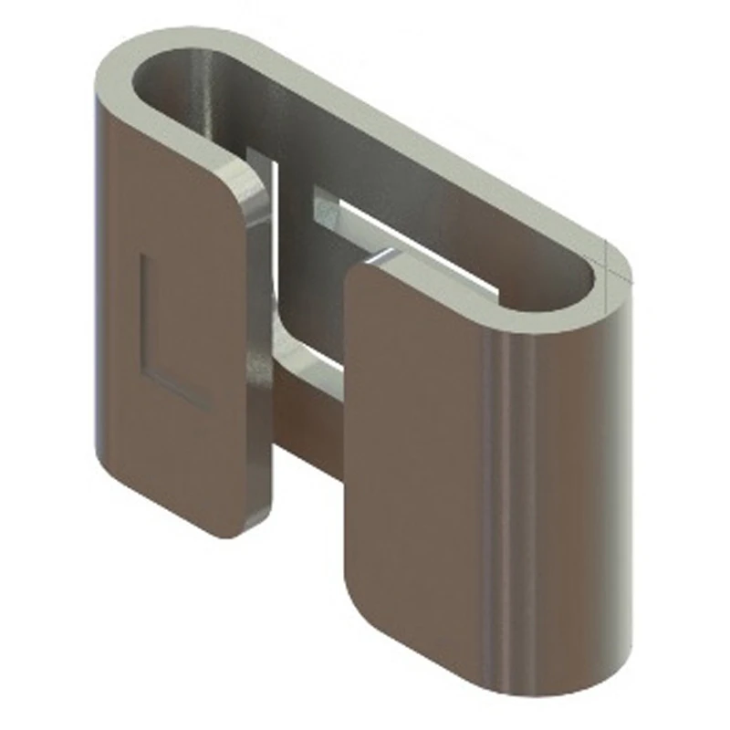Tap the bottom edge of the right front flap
[x=484, y=675]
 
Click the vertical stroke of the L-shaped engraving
[x=143, y=310]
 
